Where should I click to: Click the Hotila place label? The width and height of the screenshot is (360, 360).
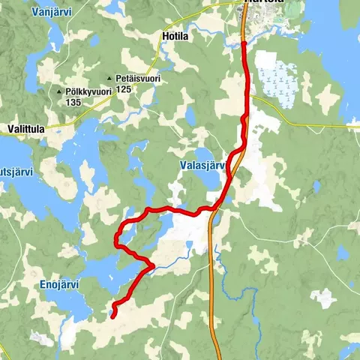(174, 34)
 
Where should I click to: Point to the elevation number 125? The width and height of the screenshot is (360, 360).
(124, 89)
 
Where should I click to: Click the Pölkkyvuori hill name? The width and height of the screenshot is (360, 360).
(89, 91)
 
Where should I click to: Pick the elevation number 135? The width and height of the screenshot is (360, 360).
(73, 102)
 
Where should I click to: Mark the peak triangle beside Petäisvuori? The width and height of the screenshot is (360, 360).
(109, 78)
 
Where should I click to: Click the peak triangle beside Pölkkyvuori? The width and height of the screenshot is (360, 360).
(60, 92)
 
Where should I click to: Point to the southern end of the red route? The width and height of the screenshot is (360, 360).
(113, 316)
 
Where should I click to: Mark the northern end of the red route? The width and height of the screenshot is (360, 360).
(244, 43)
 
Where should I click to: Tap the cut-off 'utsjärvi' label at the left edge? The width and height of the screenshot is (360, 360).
(15, 172)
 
